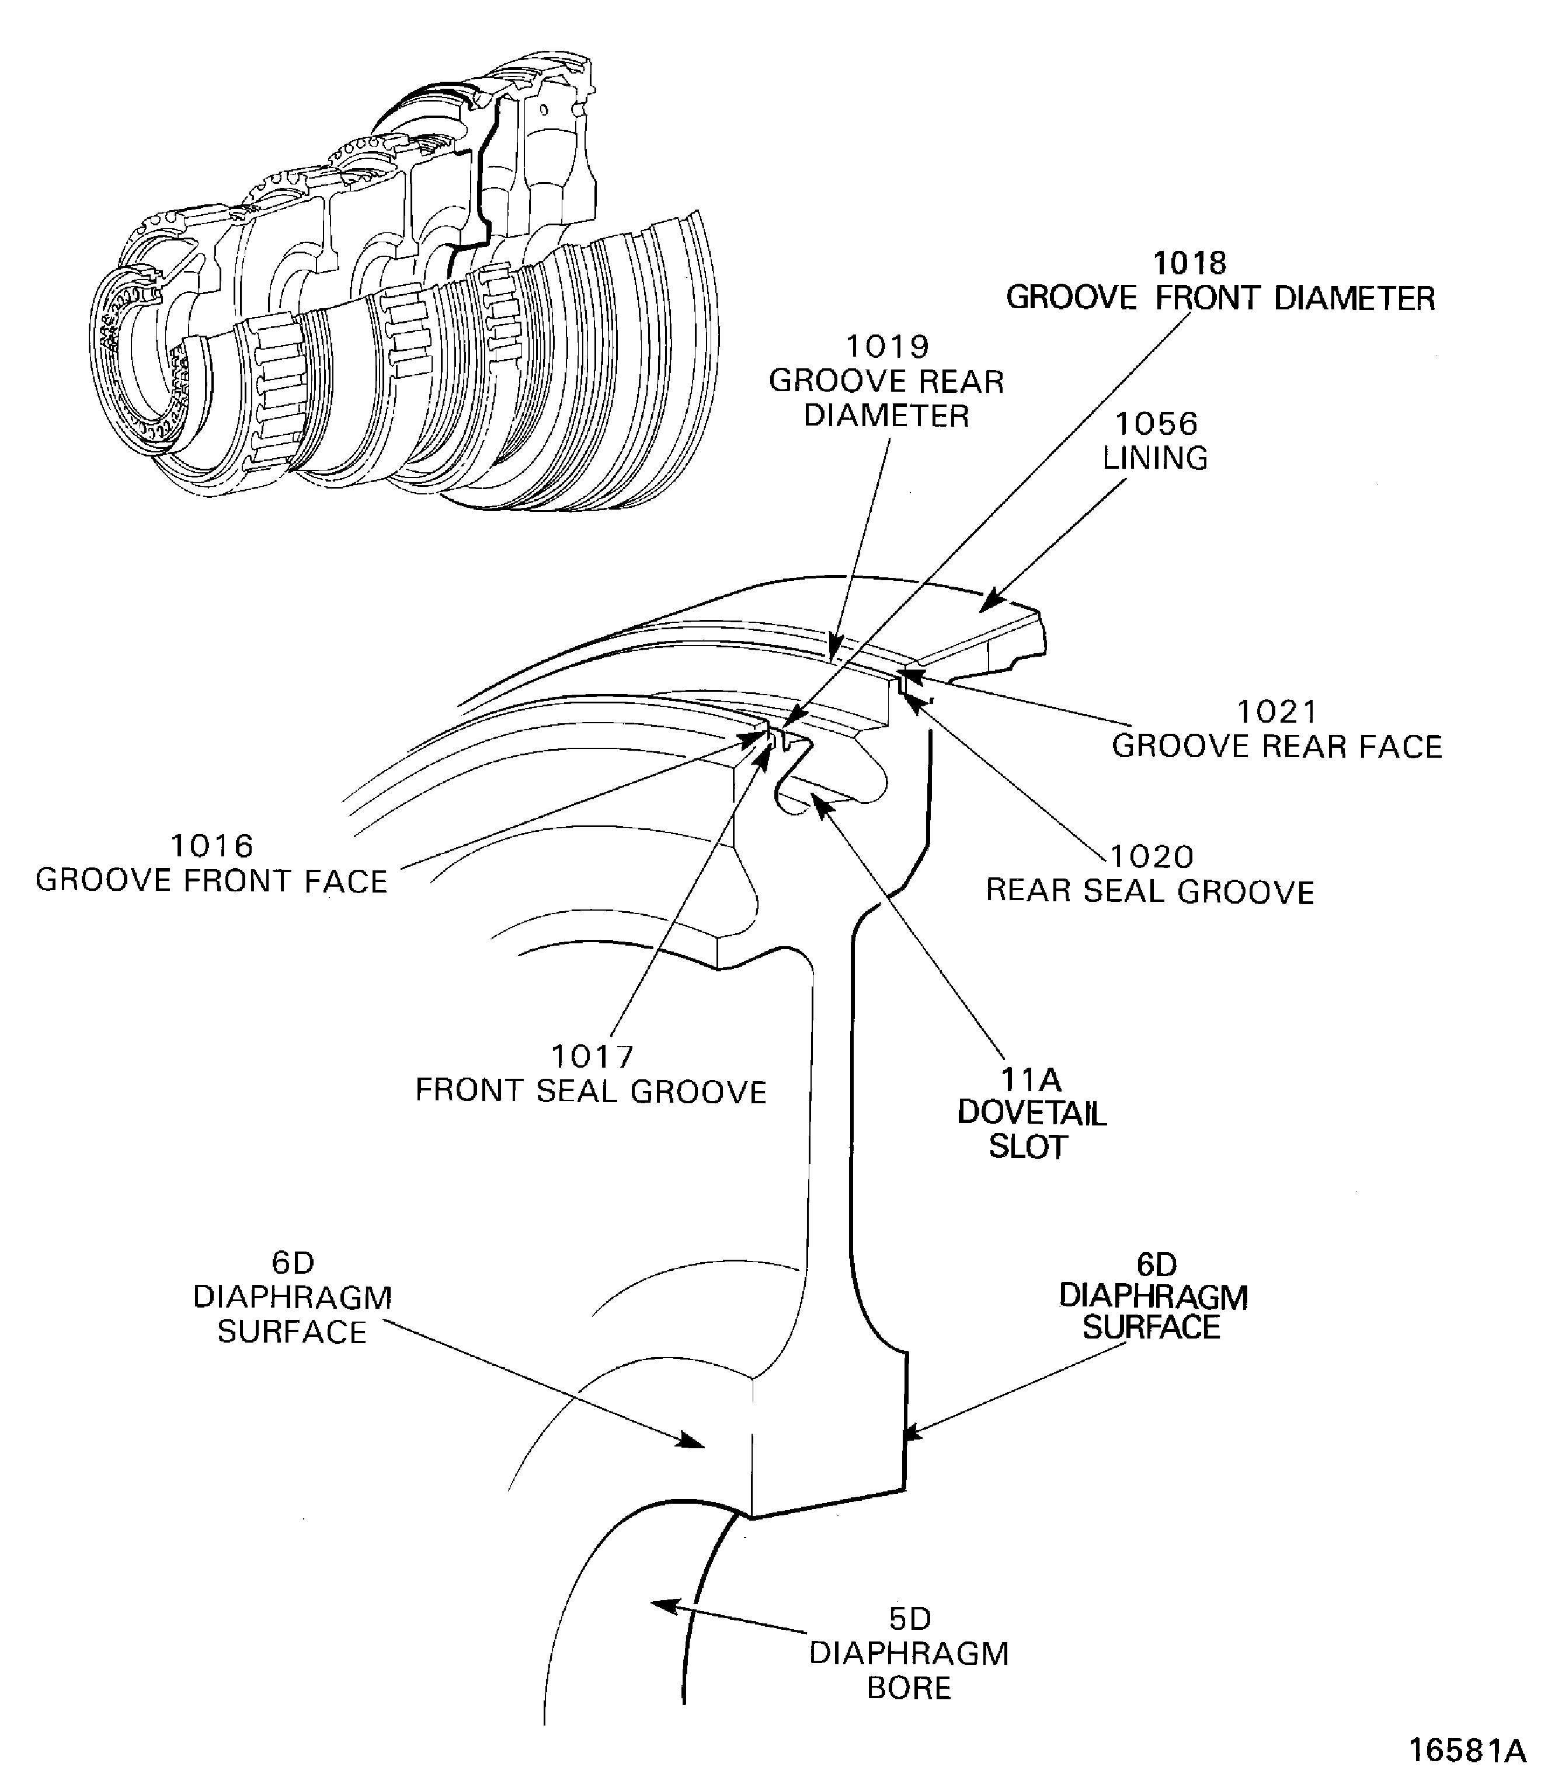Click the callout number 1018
(1189, 263)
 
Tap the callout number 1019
(887, 347)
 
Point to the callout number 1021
(1276, 712)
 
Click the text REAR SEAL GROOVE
(1149, 892)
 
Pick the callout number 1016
(212, 846)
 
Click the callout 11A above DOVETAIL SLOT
(1030, 1080)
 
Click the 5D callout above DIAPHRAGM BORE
(909, 1619)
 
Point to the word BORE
(909, 1688)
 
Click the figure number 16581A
(1466, 1751)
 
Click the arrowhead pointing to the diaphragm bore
(661, 1604)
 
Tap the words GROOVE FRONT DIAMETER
(1219, 298)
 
